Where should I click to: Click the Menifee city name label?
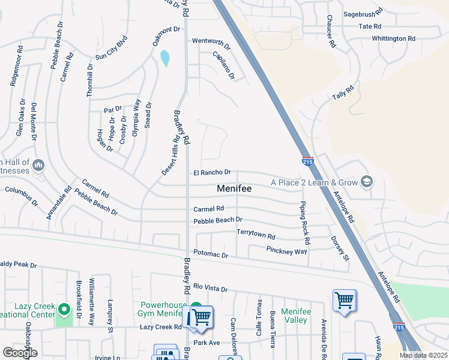pyautogui.click(x=234, y=188)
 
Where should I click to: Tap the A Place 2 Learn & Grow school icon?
pyautogui.click(x=366, y=182)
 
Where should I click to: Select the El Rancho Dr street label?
pyautogui.click(x=212, y=173)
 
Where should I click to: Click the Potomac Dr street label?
pyautogui.click(x=211, y=255)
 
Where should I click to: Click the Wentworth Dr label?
pyautogui.click(x=211, y=42)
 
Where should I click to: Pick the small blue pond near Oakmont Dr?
pyautogui.click(x=164, y=58)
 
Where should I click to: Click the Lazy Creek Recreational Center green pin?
pyautogui.click(x=64, y=311)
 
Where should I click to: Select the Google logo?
pyautogui.click(x=20, y=352)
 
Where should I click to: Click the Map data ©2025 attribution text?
pyautogui.click(x=423, y=355)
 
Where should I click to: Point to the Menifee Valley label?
pyautogui.click(x=295, y=316)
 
